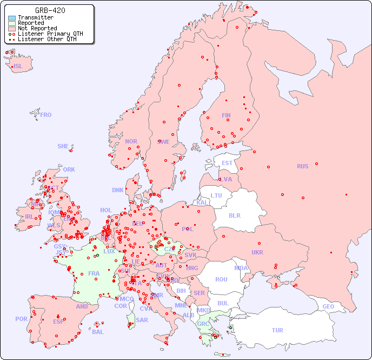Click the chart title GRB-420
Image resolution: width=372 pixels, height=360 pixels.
pyautogui.click(x=50, y=10)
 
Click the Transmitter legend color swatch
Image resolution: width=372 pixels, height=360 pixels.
pyautogui.click(x=12, y=18)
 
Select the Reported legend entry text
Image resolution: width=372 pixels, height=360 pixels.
pyautogui.click(x=31, y=23)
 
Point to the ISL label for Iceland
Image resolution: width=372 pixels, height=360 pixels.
pyautogui.click(x=18, y=67)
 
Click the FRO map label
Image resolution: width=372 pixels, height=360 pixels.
pyautogui.click(x=46, y=115)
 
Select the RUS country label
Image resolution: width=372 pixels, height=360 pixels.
pyautogui.click(x=302, y=166)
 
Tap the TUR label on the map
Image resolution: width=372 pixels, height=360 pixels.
pyautogui.click(x=277, y=330)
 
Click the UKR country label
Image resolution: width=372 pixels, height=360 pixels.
pyautogui.click(x=257, y=252)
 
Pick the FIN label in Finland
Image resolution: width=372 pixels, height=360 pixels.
pyautogui.click(x=226, y=115)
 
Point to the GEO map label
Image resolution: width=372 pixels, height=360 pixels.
pyautogui.click(x=328, y=306)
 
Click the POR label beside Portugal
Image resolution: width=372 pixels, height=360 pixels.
pyautogui.click(x=21, y=319)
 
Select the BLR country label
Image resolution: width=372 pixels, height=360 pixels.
pyautogui.click(x=235, y=215)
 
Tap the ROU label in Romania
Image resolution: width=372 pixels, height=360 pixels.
pyautogui.click(x=221, y=279)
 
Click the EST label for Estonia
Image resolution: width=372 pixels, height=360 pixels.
pyautogui.click(x=227, y=163)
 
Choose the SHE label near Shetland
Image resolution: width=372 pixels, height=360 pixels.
pyautogui.click(x=63, y=146)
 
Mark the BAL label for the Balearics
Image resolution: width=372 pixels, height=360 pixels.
pyautogui.click(x=98, y=332)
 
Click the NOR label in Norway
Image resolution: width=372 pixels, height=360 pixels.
pyautogui.click(x=131, y=141)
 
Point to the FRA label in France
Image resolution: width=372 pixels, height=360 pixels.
pyautogui.click(x=94, y=273)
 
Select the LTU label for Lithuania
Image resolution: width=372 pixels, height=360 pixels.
pyautogui.click(x=216, y=195)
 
